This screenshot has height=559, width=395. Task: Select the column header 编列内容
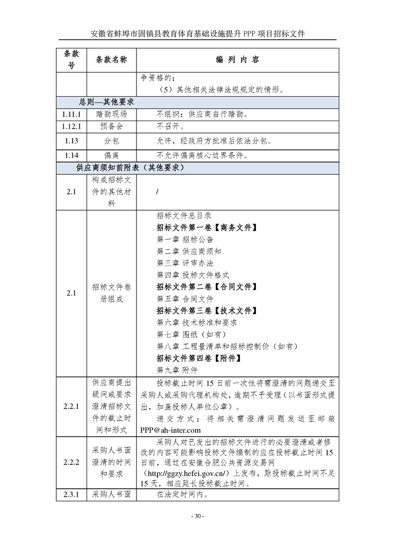click(238, 60)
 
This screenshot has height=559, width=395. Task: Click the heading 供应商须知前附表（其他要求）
click(131, 168)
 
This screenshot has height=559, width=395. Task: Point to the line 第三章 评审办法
click(185, 263)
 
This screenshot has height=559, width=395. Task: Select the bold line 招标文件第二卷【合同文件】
click(207, 287)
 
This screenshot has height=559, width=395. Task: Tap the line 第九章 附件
click(177, 370)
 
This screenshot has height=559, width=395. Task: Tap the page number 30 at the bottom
click(197, 516)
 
